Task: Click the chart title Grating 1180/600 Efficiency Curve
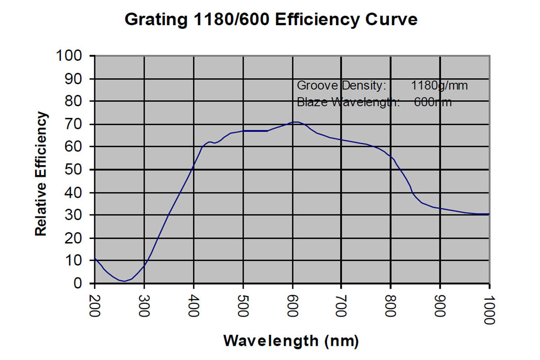[x=271, y=20]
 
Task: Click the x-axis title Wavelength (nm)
[x=291, y=341]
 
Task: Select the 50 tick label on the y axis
[x=77, y=170]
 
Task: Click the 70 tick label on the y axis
[x=77, y=124]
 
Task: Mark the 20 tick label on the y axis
[x=77, y=238]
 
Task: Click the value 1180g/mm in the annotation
[x=439, y=85]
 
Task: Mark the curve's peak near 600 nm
[x=296, y=122]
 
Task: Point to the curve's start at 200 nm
[x=95, y=258]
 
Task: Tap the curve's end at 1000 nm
[x=489, y=214]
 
